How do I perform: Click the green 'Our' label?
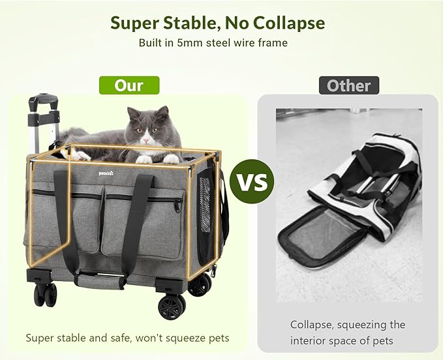[x=129, y=85]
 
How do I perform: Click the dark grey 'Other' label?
[x=348, y=85]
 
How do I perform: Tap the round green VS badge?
[x=251, y=181]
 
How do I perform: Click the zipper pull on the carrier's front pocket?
[x=177, y=207]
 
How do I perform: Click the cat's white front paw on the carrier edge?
[x=170, y=158]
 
